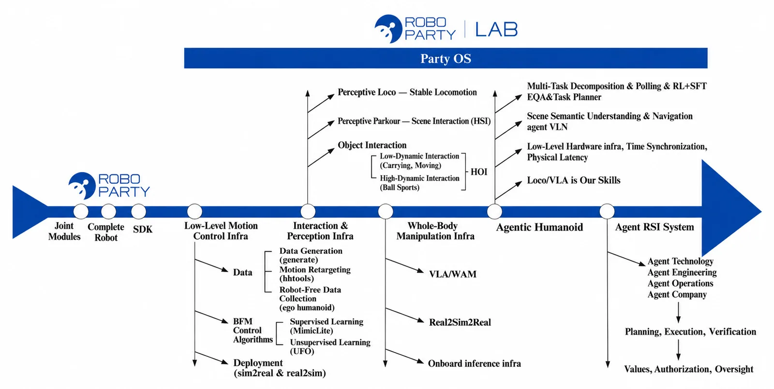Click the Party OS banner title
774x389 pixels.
pos(446,58)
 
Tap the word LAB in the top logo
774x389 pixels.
pos(496,29)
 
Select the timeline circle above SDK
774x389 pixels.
pos(138,211)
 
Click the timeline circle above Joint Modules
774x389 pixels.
pos(81,211)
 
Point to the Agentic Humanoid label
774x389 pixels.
pos(539,227)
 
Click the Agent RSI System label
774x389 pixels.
pos(655,227)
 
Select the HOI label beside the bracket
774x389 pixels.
pos(479,172)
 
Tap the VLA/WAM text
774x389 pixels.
pos(453,274)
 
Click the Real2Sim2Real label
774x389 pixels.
pos(460,322)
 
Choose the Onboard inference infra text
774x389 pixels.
pos(475,363)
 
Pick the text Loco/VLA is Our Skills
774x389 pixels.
pos(574,180)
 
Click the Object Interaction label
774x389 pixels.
pos(372,145)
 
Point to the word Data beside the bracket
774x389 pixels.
pos(242,273)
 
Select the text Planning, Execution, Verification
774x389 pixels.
pos(690,331)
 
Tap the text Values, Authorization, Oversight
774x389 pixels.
pos(689,369)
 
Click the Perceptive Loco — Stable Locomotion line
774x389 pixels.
pos(407,92)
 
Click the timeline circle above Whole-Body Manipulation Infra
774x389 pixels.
pos(385,211)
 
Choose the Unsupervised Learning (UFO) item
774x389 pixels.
pos(330,346)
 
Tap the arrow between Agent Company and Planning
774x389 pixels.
pos(678,313)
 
